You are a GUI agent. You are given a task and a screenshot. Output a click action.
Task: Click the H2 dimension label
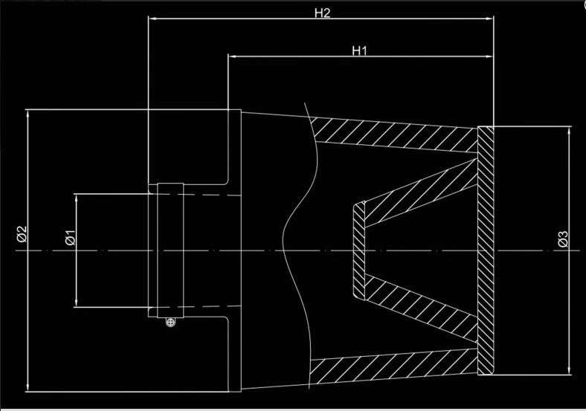tap(322, 13)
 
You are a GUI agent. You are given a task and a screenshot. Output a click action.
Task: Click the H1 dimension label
tap(359, 51)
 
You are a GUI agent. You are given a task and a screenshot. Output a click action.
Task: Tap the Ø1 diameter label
tap(70, 238)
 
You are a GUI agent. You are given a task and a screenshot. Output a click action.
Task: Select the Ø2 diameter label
tap(22, 234)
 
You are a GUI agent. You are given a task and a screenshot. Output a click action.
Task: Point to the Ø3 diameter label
tap(563, 239)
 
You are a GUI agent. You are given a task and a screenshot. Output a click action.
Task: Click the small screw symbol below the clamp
tap(170, 322)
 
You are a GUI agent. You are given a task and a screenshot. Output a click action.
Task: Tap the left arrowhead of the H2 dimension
tap(152, 18)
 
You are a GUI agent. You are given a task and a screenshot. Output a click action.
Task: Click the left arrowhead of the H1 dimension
tap(232, 56)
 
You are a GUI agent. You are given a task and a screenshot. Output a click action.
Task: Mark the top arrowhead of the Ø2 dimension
tap(28, 114)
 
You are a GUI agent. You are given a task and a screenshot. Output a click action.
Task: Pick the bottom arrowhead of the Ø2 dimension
tap(28, 387)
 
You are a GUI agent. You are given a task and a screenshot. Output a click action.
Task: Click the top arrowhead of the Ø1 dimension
tap(77, 198)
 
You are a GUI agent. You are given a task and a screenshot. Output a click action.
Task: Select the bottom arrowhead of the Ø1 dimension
tap(77, 303)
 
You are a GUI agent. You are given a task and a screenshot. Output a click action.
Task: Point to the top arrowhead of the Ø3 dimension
tap(569, 131)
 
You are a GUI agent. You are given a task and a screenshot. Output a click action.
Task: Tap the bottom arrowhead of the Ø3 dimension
tap(569, 370)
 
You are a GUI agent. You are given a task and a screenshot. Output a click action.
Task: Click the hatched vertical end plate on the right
tap(486, 250)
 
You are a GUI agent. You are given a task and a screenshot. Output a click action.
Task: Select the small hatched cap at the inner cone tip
tap(359, 250)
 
